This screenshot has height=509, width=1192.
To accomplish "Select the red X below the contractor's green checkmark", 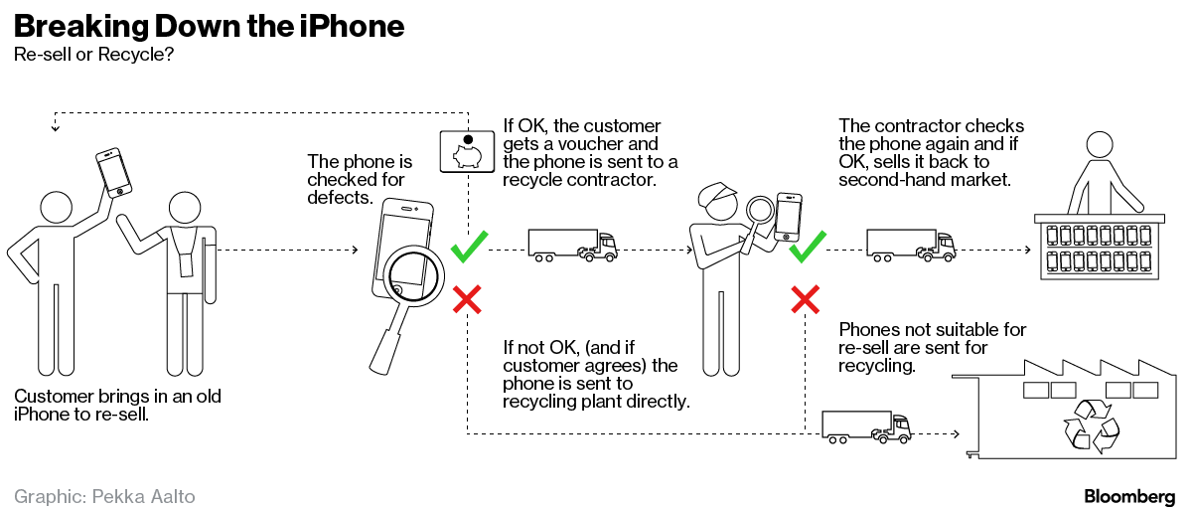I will (805, 298).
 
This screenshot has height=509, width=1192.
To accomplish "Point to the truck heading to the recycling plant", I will (866, 427).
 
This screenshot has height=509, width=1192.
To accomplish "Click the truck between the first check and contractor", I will (572, 245).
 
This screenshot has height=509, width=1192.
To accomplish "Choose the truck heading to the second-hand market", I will (910, 245).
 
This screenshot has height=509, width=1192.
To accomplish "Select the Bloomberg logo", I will (1129, 495).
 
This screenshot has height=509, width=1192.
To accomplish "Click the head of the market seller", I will (1100, 146).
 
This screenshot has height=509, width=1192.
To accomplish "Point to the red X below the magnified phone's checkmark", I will (467, 298).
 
